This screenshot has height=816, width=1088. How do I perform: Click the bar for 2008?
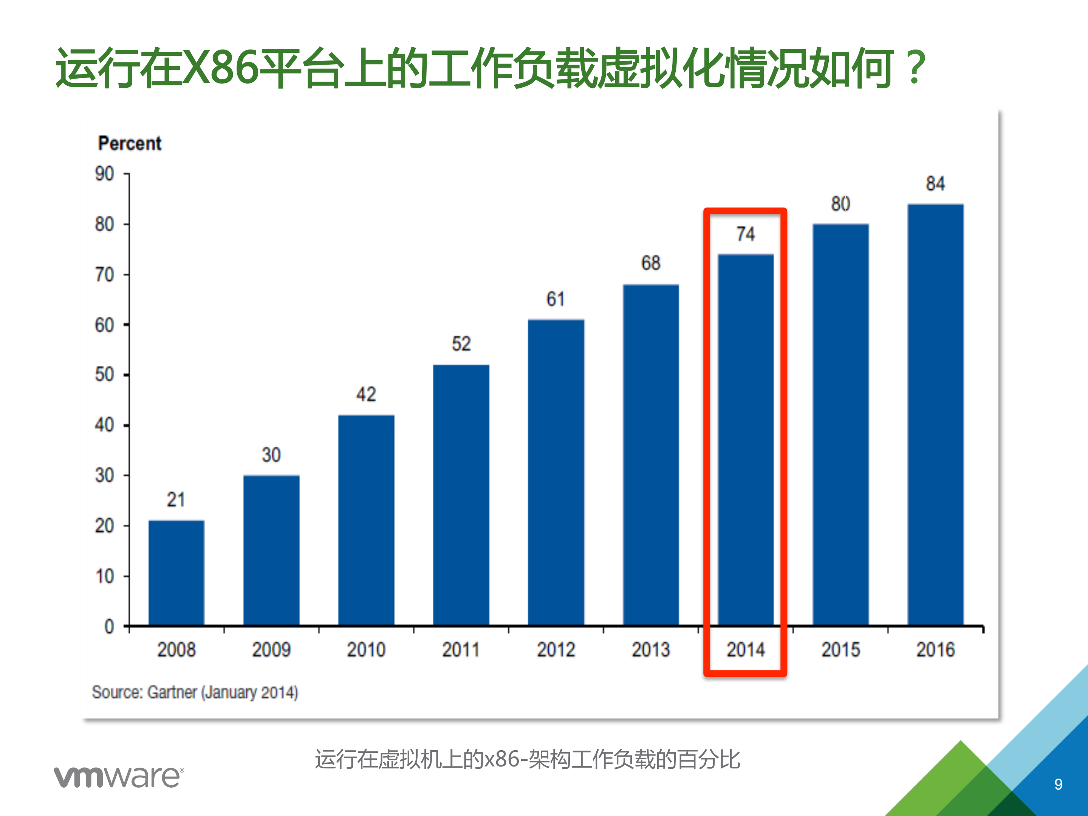tap(176, 573)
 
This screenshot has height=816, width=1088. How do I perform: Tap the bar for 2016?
tap(935, 414)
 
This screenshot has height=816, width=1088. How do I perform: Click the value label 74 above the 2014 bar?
tap(746, 234)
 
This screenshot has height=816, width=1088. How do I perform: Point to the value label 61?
tap(555, 299)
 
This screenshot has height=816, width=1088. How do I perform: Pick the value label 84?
tap(935, 184)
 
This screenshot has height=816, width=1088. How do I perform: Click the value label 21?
tap(176, 500)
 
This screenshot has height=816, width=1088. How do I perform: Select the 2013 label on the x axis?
tap(651, 650)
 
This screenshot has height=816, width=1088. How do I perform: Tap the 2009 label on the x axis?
tap(271, 650)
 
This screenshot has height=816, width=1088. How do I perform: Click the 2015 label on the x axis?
tap(840, 650)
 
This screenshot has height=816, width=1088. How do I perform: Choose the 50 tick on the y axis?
tap(104, 375)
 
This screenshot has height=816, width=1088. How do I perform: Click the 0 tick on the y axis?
tap(109, 627)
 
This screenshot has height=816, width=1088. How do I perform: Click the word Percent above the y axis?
tap(129, 143)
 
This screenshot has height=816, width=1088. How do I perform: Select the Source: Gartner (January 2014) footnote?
tap(195, 692)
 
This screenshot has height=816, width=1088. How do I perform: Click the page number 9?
tap(1058, 784)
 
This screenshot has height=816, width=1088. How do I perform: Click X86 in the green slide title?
tap(220, 67)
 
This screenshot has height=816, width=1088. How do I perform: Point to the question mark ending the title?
tap(915, 67)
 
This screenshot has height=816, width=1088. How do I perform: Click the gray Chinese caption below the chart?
tap(527, 759)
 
